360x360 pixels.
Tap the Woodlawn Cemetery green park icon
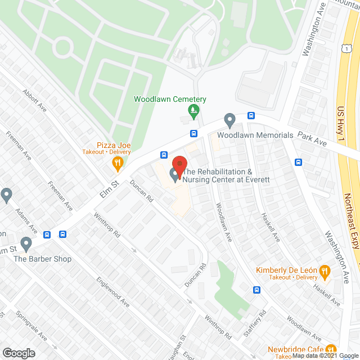pos(195,110)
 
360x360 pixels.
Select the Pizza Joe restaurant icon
pos(117,164)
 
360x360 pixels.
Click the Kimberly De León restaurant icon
pos(325,273)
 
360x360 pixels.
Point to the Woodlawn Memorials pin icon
pos(229,120)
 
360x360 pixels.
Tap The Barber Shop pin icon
pos(25,244)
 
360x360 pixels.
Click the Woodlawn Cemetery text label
pos(170,100)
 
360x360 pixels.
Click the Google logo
pos(18,353)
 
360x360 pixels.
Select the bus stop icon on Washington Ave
pos(298,163)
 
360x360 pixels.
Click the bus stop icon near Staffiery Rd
pos(256,290)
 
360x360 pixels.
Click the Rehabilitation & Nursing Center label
pos(227,175)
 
